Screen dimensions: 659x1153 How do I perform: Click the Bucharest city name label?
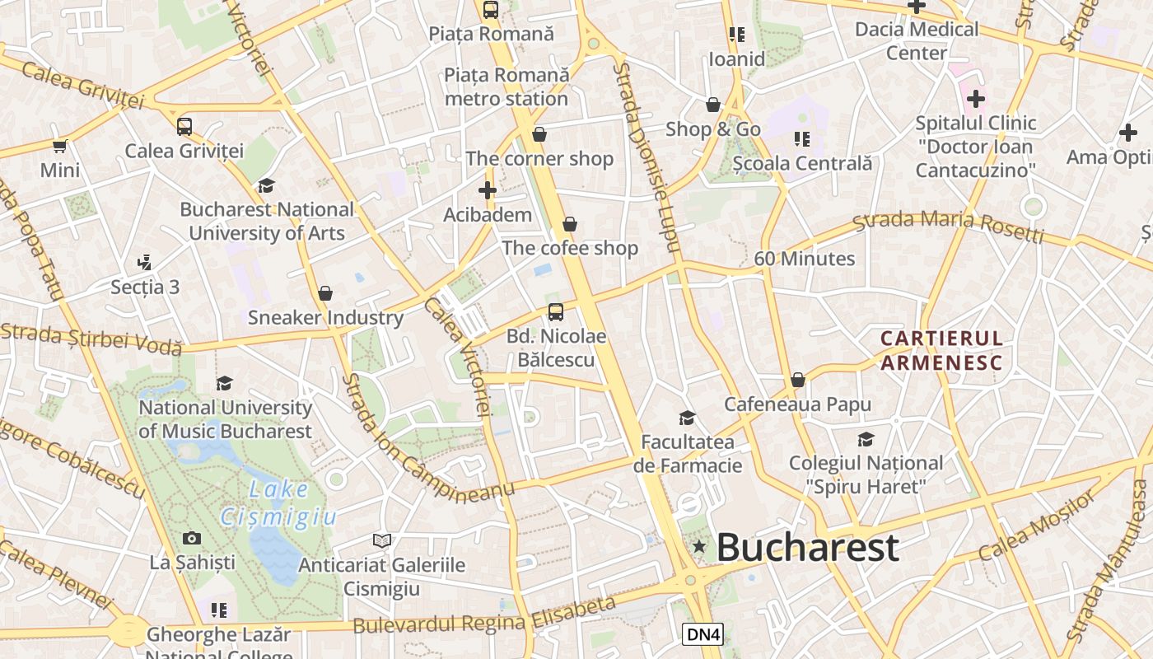pyautogui.click(x=807, y=548)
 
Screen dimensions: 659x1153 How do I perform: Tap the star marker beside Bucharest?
pyautogui.click(x=699, y=545)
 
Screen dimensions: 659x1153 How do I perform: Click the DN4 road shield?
pyautogui.click(x=703, y=634)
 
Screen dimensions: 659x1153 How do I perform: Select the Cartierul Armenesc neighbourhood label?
pyautogui.click(x=941, y=351)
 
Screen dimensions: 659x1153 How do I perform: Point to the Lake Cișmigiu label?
pyautogui.click(x=279, y=503)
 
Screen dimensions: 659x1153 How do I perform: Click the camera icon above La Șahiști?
pyautogui.click(x=192, y=539)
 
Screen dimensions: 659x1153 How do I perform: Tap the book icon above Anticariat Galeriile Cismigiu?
pyautogui.click(x=381, y=541)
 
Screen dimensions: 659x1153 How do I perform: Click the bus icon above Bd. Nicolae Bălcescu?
pyautogui.click(x=556, y=312)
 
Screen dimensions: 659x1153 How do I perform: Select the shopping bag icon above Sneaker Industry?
pyautogui.click(x=325, y=293)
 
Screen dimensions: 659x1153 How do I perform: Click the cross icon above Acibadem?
pyautogui.click(x=488, y=191)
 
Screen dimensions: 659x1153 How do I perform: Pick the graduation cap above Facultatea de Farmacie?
pyautogui.click(x=687, y=418)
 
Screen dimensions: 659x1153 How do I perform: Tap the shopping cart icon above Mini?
pyautogui.click(x=60, y=147)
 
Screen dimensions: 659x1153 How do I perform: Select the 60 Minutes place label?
pyautogui.click(x=805, y=259)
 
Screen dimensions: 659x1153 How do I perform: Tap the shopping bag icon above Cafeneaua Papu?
pyautogui.click(x=797, y=380)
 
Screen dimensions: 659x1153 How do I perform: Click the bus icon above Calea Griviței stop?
pyautogui.click(x=184, y=127)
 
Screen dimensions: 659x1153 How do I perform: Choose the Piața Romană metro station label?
pyautogui.click(x=506, y=86)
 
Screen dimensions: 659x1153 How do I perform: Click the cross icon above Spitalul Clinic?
pyautogui.click(x=976, y=100)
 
